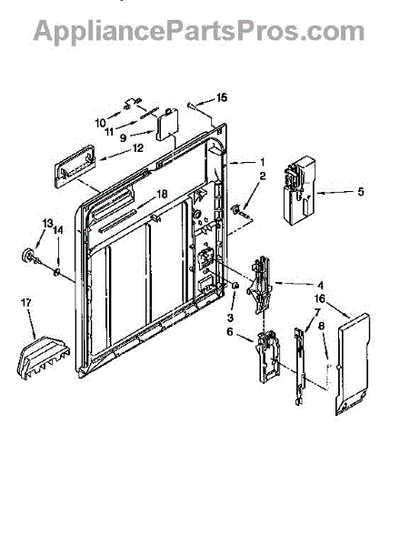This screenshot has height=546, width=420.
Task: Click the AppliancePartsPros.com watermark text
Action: (x=199, y=31)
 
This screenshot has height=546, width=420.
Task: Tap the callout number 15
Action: (x=222, y=97)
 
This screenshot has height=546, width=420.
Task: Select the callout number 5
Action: (x=361, y=191)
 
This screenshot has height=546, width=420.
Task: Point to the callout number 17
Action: (x=26, y=302)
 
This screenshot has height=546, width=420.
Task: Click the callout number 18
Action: (x=162, y=194)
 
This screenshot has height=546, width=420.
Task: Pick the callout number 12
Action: (x=138, y=148)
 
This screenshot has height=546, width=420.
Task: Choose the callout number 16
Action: (x=320, y=298)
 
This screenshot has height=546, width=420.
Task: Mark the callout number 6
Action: (x=230, y=332)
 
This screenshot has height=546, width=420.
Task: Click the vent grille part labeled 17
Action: (x=44, y=357)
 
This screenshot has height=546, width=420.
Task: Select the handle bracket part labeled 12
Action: (x=75, y=167)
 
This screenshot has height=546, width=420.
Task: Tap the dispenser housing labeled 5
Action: (x=300, y=190)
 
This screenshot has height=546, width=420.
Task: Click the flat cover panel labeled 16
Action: (x=353, y=364)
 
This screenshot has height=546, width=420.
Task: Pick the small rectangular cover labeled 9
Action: (x=167, y=125)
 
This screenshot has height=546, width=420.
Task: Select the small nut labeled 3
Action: (x=235, y=286)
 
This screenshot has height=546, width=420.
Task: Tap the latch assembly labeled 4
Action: (x=260, y=284)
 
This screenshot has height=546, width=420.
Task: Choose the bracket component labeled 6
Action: (x=267, y=357)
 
